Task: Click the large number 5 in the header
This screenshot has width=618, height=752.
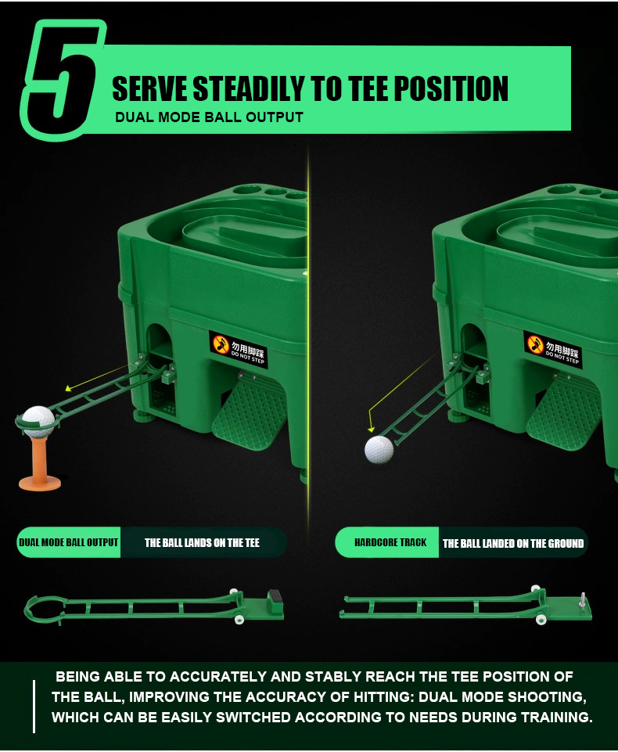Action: click(63, 79)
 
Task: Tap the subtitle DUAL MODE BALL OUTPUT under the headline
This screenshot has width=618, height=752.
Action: click(209, 117)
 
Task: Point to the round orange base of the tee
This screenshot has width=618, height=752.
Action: click(40, 483)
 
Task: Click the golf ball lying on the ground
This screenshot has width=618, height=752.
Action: click(379, 450)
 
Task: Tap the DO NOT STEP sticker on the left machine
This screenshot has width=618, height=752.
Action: click(239, 350)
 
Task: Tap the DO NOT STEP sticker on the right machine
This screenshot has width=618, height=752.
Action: click(552, 350)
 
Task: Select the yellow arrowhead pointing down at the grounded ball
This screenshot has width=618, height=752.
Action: click(371, 430)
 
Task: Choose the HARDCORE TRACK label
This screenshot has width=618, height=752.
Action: click(390, 542)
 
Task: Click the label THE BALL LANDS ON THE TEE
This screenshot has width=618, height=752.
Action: click(202, 543)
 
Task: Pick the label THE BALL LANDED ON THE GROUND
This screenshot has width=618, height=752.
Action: click(513, 543)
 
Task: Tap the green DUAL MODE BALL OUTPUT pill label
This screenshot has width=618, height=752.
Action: click(69, 542)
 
